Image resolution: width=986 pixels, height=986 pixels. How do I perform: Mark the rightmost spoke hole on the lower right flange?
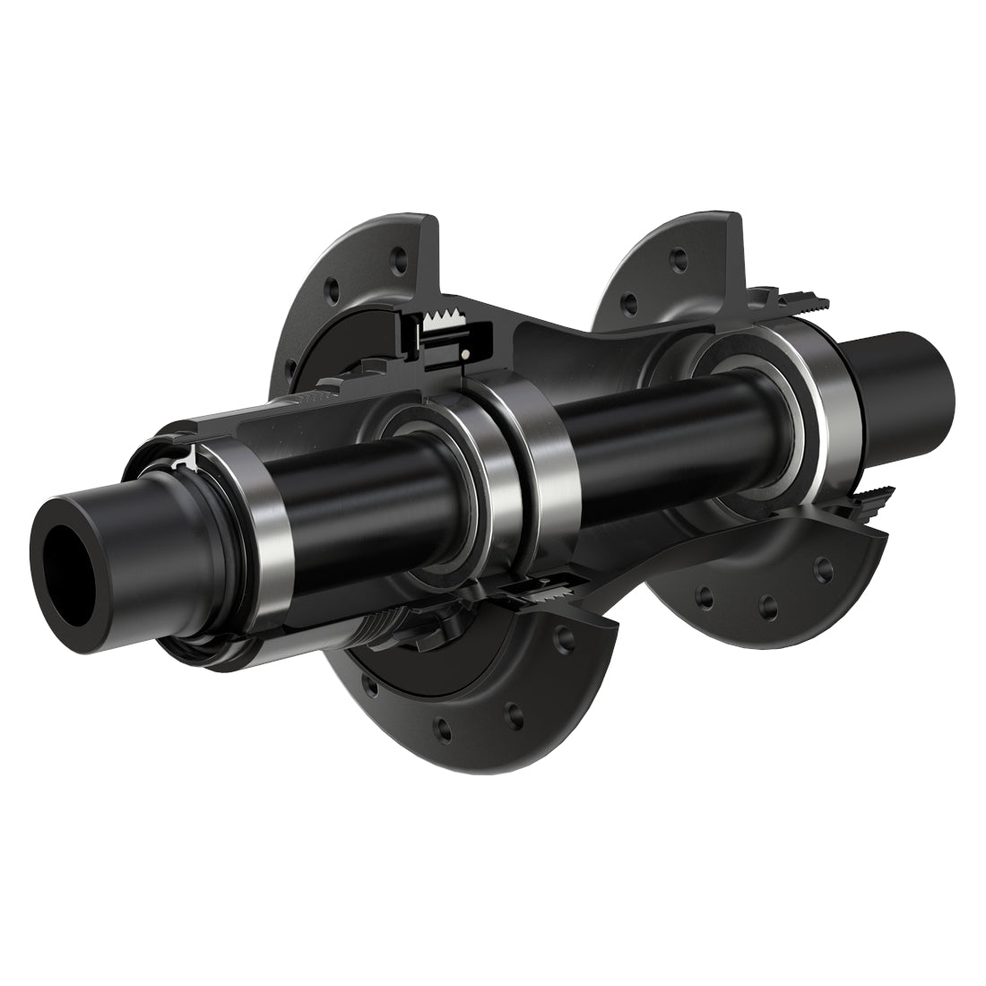click(821, 566)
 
